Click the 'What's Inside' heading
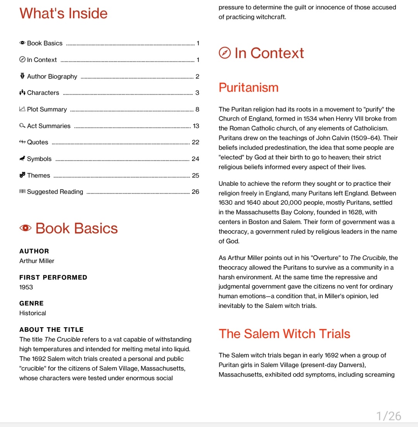click(x=63, y=14)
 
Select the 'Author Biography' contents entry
click(x=52, y=77)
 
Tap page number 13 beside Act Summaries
click(x=196, y=126)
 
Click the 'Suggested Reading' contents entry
click(x=55, y=192)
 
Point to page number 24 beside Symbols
click(x=195, y=159)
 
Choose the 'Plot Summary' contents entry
click(x=47, y=109)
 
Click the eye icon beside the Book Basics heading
click(x=26, y=228)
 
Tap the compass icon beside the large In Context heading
click(x=225, y=53)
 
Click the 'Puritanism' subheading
click(x=248, y=87)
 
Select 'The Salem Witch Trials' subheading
click(x=284, y=334)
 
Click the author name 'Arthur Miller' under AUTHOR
click(x=37, y=261)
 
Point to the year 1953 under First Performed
click(x=26, y=287)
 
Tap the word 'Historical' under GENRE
click(x=33, y=313)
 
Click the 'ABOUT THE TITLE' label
click(x=51, y=330)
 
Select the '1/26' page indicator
click(x=389, y=416)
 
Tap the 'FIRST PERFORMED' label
click(x=53, y=277)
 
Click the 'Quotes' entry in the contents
click(x=38, y=142)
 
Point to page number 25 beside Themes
click(x=195, y=176)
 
